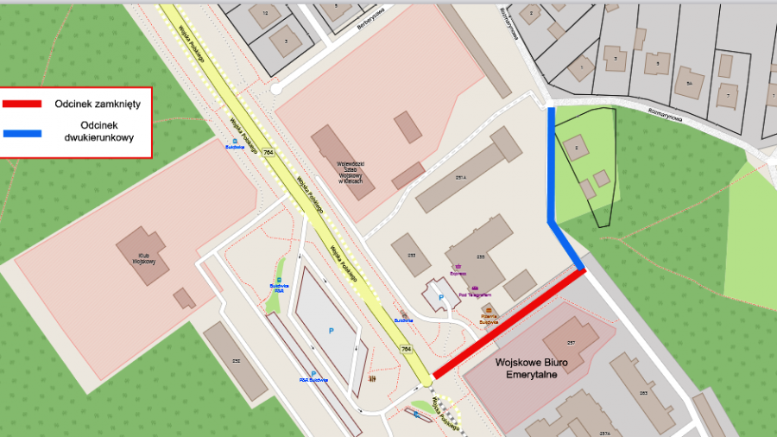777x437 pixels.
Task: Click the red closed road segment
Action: point(509,324)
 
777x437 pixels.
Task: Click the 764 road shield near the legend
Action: point(269,153)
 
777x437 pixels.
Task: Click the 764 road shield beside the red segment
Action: point(406,349)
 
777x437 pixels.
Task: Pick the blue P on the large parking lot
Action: point(329,331)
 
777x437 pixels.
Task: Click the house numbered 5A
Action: point(689,82)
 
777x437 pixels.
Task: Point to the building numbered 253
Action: point(643,393)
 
